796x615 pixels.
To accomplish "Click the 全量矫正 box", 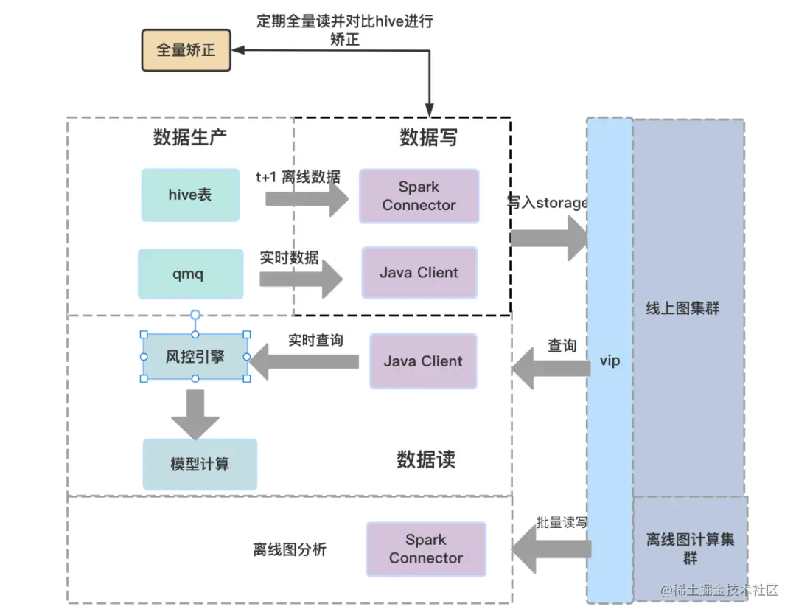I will (x=186, y=51).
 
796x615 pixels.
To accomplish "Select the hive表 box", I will (x=190, y=195).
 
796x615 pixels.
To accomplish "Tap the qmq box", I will (x=190, y=274).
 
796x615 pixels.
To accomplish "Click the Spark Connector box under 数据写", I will (x=419, y=196).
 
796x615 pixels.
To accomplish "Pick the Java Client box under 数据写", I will (x=419, y=273).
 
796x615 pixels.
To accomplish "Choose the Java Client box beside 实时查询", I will (x=423, y=361).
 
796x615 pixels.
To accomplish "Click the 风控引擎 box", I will (x=195, y=357).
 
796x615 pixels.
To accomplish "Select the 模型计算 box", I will (x=200, y=465).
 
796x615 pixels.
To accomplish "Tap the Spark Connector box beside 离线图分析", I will (x=426, y=549).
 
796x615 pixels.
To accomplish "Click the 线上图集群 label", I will (x=682, y=309).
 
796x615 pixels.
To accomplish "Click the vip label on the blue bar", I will (x=610, y=361).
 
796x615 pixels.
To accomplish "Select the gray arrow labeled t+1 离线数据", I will (x=307, y=198).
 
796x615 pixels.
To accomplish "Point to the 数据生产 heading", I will (x=190, y=137).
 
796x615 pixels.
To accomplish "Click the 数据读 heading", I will (x=426, y=460).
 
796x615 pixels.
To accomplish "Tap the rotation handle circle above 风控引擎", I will (x=195, y=315).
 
